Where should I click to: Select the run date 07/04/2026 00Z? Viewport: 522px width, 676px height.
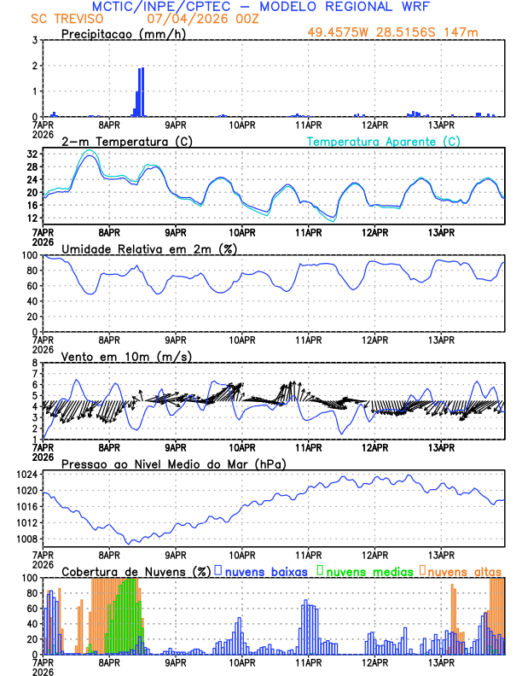(188, 19)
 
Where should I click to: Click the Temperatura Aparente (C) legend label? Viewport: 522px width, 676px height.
(383, 141)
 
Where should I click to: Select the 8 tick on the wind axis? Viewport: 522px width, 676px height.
(35, 363)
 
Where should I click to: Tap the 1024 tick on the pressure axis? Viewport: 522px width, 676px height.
(26, 474)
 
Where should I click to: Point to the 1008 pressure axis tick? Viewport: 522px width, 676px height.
(26, 539)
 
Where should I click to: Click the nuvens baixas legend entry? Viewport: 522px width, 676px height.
(264, 570)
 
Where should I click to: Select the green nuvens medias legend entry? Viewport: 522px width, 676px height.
(368, 570)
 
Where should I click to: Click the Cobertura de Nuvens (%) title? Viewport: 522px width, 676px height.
(136, 570)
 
